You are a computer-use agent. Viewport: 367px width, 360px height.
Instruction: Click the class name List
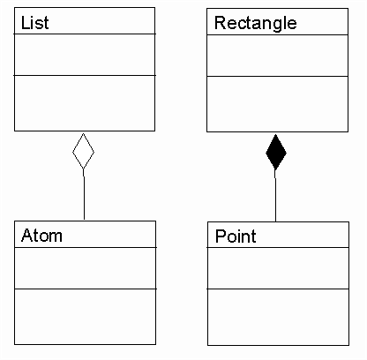(35, 23)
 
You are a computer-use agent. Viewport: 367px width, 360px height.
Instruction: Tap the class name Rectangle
(256, 24)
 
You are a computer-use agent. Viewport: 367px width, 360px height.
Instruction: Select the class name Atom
(41, 236)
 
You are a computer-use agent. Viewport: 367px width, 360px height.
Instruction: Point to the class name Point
(236, 236)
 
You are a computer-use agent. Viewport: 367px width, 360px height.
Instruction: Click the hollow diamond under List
(83, 151)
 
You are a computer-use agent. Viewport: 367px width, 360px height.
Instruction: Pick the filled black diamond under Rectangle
(276, 152)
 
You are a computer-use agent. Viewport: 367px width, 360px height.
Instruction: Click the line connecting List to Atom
(84, 194)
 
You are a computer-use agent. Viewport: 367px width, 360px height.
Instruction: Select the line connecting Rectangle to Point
(275, 196)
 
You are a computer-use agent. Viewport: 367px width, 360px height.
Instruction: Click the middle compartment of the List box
(85, 55)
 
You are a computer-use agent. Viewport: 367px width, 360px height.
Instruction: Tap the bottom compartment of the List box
(85, 103)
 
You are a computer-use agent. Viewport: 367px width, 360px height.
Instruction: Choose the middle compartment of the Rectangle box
(277, 56)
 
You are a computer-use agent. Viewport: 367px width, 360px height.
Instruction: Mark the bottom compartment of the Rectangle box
(277, 104)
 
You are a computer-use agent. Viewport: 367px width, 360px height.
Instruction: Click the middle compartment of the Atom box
(85, 268)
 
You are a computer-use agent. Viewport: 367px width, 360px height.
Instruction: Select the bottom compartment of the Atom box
(85, 317)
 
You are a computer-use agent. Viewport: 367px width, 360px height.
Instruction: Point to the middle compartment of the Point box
(278, 268)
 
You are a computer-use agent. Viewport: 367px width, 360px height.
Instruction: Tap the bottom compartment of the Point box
(278, 317)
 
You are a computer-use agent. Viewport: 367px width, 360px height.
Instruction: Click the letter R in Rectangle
(221, 23)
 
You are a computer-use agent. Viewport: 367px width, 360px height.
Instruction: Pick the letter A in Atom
(26, 235)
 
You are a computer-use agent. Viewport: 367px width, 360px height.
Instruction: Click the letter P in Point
(221, 236)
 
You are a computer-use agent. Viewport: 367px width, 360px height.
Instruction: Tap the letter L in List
(25, 23)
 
